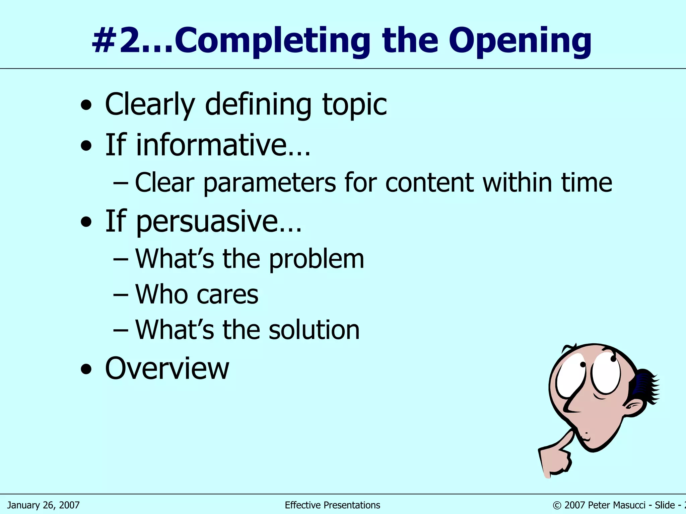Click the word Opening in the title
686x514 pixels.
point(520,41)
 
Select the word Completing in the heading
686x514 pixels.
point(272,41)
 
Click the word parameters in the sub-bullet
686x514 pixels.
point(269,183)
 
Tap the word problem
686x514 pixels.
point(316,259)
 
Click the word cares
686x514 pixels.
point(227,295)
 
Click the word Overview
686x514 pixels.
point(167,368)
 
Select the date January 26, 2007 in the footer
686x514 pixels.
point(43,505)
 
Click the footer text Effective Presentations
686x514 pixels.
point(332,505)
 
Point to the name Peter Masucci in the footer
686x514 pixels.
point(616,505)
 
